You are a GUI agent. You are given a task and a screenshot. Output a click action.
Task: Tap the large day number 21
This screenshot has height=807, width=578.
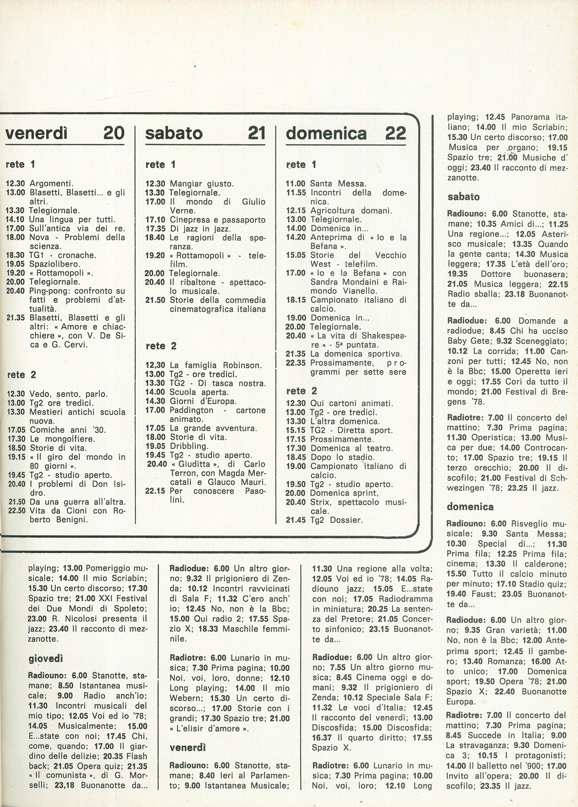pyautogui.click(x=256, y=133)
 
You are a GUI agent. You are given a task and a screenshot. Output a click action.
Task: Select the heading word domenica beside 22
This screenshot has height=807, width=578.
pyautogui.click(x=326, y=133)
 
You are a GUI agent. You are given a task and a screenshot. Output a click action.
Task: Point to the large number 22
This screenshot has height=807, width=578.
pyautogui.click(x=395, y=133)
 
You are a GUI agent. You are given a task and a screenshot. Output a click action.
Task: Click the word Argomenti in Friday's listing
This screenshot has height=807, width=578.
pyautogui.click(x=51, y=184)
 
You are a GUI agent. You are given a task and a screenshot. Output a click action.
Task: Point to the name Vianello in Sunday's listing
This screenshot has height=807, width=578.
pyautogui.click(x=360, y=291)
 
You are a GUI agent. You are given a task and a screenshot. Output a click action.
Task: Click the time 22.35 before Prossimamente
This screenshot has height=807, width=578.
pyautogui.click(x=295, y=363)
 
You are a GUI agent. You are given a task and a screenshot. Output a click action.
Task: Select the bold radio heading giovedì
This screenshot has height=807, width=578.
pyautogui.click(x=46, y=659)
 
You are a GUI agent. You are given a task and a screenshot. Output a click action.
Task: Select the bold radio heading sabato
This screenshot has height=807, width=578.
pyautogui.click(x=464, y=197)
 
